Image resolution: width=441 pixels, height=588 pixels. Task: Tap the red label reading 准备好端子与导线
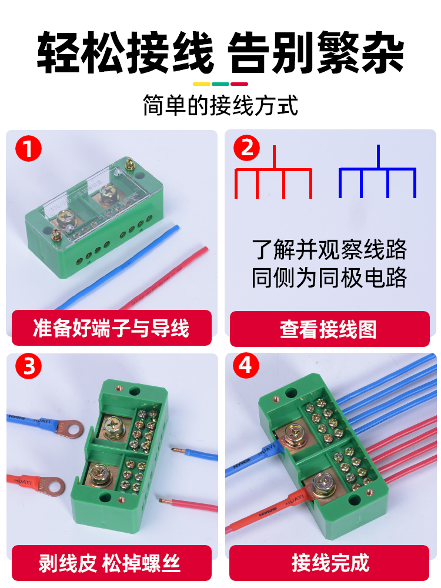coord(112,328)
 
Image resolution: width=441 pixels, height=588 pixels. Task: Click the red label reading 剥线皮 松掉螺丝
coord(112,563)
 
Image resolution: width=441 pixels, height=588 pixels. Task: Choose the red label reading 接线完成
coord(329,563)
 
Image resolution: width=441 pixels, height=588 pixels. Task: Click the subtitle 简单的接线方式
coord(220,106)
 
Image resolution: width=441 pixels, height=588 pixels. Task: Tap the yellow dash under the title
coord(202,83)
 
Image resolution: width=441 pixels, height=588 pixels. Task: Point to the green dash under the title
coord(220,83)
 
